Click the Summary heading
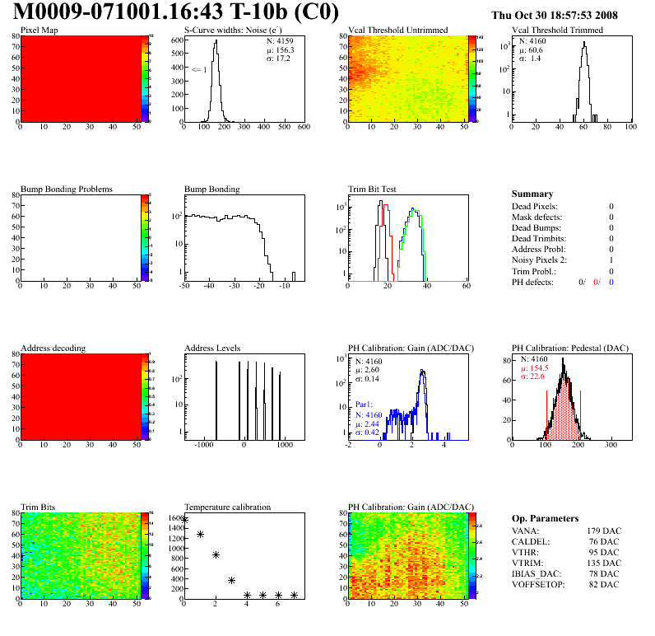coord(532,194)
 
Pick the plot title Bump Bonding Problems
coord(67,189)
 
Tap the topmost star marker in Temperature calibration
coord(184,520)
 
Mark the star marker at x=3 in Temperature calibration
coord(231,581)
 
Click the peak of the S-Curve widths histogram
coord(215,42)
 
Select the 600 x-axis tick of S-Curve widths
coord(304,128)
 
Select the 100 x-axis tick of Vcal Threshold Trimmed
coord(630,128)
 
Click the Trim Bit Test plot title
coord(373,189)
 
